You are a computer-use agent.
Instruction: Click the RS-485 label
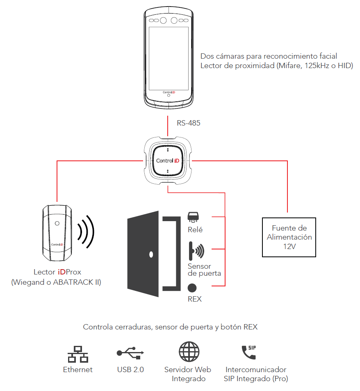188,122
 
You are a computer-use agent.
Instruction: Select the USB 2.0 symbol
130,352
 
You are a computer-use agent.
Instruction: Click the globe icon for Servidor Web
189,352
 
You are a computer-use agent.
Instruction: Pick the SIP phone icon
248,352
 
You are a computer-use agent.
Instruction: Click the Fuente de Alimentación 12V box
289,238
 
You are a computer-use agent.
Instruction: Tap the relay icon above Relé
192,217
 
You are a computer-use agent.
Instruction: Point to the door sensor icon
196,250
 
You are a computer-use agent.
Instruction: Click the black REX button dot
192,288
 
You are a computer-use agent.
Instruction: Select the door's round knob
151,254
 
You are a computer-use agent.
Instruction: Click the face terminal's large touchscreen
168,58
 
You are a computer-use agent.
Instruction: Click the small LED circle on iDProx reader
57,224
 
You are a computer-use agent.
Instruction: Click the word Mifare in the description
289,66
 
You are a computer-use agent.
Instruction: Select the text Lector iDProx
57,272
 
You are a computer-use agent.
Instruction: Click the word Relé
195,230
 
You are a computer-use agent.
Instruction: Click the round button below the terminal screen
168,96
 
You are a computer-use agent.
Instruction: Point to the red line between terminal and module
168,126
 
